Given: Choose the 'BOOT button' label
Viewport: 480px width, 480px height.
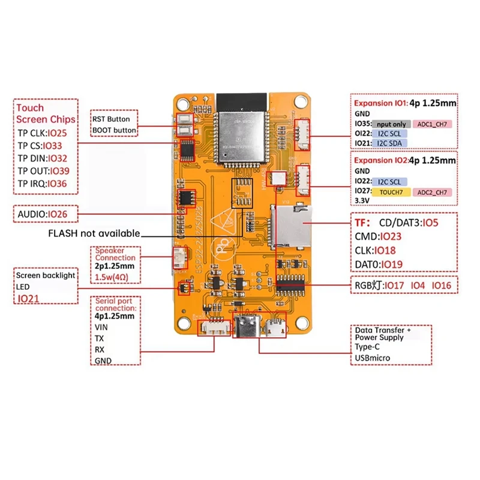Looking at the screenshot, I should (x=113, y=130).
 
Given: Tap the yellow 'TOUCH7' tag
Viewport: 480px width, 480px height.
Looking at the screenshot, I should (x=391, y=192).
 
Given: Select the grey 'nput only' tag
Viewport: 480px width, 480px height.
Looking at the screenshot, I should (x=391, y=124).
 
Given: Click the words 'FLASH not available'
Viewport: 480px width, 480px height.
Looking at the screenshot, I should (x=94, y=233).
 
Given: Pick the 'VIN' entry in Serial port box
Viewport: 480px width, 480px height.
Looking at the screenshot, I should (x=101, y=327).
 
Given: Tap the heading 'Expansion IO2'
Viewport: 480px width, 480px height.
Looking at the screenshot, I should (x=380, y=161).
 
